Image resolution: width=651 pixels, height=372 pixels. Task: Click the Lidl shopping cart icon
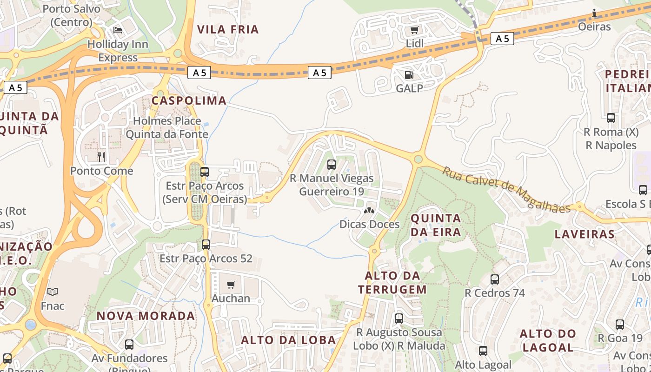click(414, 30)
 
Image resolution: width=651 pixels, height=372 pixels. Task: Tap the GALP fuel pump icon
click(409, 75)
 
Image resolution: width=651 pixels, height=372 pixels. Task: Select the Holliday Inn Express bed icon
click(118, 31)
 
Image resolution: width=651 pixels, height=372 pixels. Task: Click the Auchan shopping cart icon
click(231, 285)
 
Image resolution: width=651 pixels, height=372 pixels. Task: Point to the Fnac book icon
click(53, 292)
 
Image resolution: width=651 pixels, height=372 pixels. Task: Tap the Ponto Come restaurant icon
click(101, 157)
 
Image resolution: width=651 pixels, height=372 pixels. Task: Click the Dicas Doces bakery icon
click(369, 211)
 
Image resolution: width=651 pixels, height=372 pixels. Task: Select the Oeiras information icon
click(594, 13)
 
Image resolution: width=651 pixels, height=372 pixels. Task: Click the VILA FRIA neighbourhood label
click(228, 29)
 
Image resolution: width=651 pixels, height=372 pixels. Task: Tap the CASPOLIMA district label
click(189, 100)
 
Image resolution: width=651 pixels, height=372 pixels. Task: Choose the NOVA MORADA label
click(146, 316)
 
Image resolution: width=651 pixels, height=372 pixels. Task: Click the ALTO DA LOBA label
click(288, 340)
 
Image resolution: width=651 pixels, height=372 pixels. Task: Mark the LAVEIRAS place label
click(584, 234)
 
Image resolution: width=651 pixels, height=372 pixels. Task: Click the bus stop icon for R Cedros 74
click(495, 279)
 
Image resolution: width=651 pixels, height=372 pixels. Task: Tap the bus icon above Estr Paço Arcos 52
click(206, 244)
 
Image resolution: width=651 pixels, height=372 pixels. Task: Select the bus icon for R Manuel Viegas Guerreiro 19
click(332, 164)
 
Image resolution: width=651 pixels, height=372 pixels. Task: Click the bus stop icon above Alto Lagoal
click(483, 351)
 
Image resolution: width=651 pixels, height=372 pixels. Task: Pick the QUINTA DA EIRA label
click(436, 225)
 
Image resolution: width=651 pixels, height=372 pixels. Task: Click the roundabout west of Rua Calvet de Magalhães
click(418, 159)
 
